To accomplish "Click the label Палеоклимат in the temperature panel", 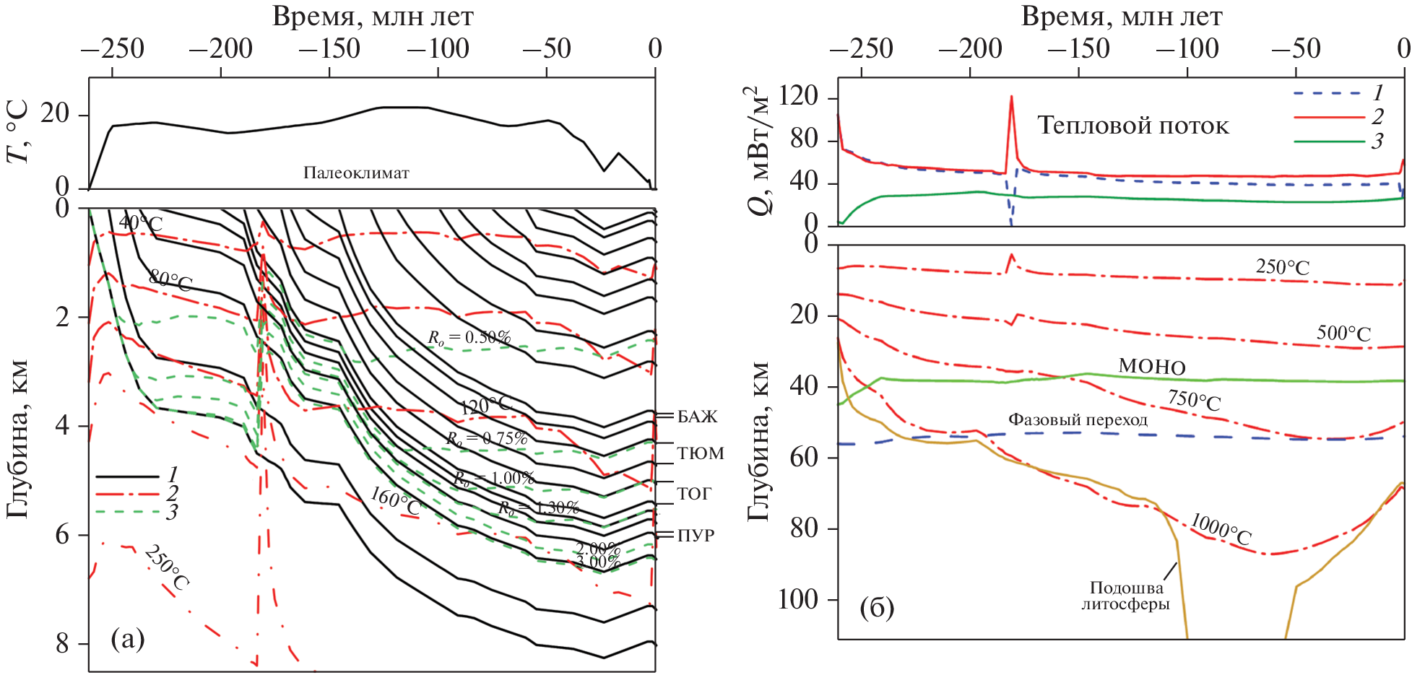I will point(356,173).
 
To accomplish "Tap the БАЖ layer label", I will point(697,417).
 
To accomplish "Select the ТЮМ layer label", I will point(700,453).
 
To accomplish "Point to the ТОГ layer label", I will point(694,494).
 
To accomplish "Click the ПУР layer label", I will point(696,536).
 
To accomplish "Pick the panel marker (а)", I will point(128,638).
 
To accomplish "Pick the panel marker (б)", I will point(877,608).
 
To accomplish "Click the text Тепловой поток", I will point(1132,126).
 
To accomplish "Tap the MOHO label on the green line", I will point(1152,367).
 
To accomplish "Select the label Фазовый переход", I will point(1078,419).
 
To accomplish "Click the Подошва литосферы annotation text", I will point(1125,596).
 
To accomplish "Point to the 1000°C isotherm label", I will point(1221,529).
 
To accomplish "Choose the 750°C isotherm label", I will point(1194,400).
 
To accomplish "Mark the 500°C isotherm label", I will point(1343,333).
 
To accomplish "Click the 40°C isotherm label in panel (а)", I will point(141,222).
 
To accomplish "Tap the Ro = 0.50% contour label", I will point(469,337).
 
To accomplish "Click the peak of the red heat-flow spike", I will point(1011,97).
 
